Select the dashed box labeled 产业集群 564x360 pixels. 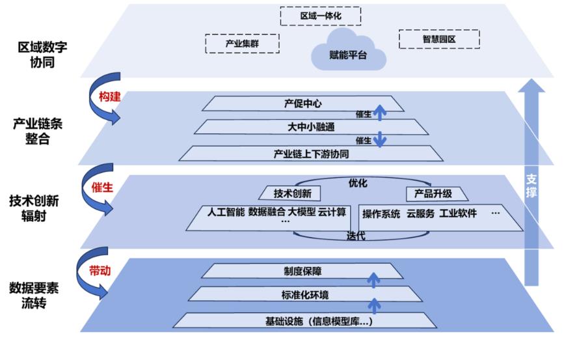point(242,44)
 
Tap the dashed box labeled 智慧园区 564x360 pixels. point(439,40)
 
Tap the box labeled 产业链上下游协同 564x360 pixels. point(311,154)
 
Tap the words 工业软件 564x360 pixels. point(458,214)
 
